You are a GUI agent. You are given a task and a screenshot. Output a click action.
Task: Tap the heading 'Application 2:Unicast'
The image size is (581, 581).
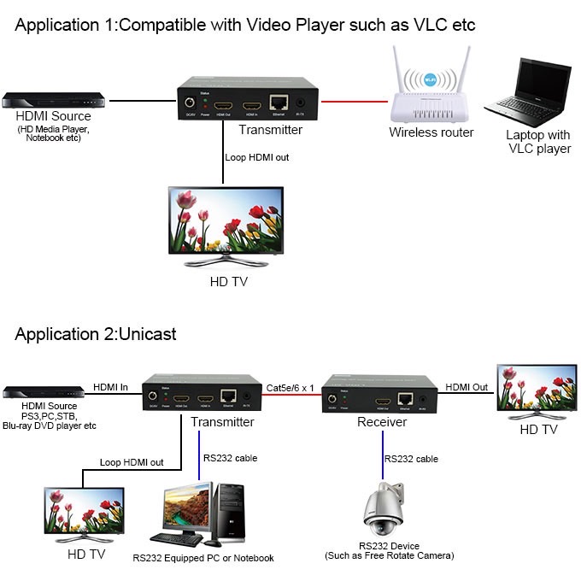coord(96,333)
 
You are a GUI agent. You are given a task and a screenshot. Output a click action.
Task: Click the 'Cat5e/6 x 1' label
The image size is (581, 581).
coord(290,387)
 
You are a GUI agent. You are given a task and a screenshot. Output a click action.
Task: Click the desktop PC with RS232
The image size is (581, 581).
coord(199,514)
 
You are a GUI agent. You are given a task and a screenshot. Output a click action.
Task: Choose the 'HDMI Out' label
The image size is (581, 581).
coord(467,387)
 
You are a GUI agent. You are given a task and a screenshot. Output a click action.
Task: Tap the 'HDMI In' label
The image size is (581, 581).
coord(110,387)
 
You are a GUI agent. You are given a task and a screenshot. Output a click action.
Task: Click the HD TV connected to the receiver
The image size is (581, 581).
coord(537,390)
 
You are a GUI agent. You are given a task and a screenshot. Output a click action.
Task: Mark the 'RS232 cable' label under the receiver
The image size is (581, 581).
coord(411,459)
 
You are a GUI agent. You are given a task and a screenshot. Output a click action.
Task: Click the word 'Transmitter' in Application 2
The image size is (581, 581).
coord(222,422)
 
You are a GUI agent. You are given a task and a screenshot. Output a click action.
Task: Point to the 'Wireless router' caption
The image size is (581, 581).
coord(431,132)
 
